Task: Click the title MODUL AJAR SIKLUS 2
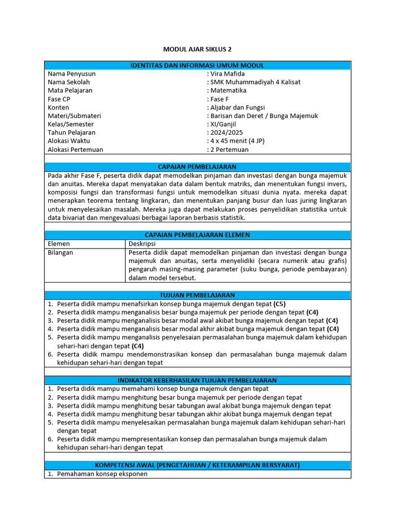pos(197,49)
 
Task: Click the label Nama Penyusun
pos(71,74)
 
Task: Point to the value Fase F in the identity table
pos(220,99)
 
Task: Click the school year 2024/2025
pos(226,132)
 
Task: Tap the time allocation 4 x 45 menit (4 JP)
pos(237,141)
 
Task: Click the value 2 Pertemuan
pos(229,150)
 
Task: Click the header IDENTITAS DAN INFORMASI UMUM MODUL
pos(197,65)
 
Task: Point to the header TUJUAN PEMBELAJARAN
pos(197,295)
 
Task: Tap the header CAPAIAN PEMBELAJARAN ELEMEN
pos(197,235)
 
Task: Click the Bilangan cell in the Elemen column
pos(60,252)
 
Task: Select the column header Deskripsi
pos(142,243)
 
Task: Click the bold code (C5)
pos(280,304)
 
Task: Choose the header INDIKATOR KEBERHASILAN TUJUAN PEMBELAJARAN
pos(197,380)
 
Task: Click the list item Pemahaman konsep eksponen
pos(102,473)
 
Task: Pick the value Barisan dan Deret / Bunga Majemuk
pos(264,116)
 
